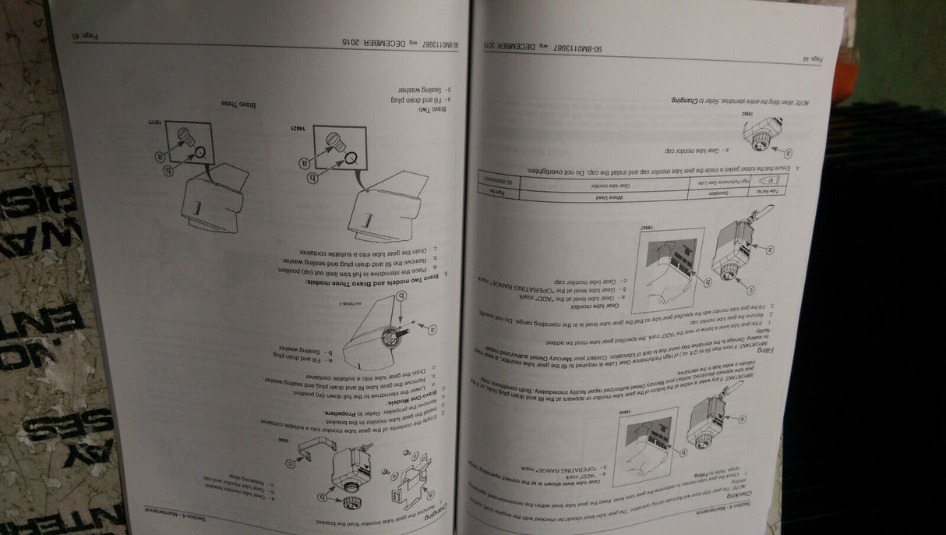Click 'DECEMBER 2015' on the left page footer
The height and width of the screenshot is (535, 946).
click(x=383, y=42)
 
